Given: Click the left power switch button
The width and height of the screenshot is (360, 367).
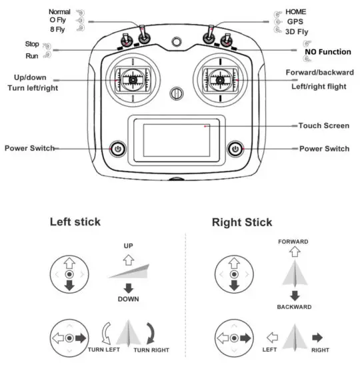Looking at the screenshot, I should pos(118,148).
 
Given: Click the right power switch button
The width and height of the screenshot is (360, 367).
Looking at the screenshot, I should pos(234,148).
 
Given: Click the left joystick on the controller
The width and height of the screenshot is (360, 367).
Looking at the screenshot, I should pos(133,81).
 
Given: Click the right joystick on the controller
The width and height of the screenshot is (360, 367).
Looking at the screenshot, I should pos(218,81).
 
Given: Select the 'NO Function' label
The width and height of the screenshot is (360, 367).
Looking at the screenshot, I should pos(327,51).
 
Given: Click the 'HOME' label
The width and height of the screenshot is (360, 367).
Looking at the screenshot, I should pos(296,12).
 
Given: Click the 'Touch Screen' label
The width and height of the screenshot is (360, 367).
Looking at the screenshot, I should pos(323,125).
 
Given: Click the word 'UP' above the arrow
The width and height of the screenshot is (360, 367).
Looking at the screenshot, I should pos(129,246).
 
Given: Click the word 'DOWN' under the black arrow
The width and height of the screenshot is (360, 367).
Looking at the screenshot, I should pos(129,299).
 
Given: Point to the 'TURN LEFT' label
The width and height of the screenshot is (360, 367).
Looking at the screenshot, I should pos(104,350).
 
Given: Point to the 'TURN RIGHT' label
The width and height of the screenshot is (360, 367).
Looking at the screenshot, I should pos(151,350).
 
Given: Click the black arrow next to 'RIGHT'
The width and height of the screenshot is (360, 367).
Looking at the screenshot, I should pos(317,338).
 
